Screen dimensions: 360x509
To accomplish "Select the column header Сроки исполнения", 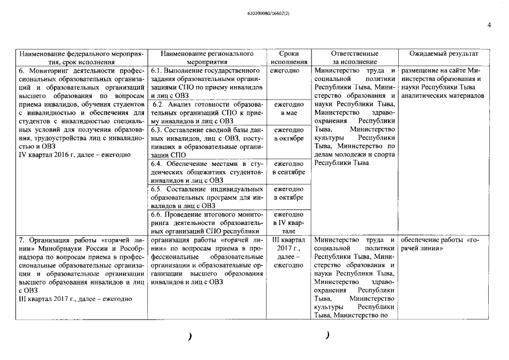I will tap(288, 57).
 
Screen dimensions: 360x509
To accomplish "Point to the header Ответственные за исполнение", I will tap(354, 57).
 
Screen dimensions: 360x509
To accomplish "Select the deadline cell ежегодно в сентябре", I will tap(288, 168).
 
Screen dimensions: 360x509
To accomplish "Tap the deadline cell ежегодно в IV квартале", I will tap(288, 223).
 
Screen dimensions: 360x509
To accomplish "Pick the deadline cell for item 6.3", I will tap(288, 134).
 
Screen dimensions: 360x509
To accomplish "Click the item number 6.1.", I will tap(157, 71).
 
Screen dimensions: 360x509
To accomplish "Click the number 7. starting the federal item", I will tap(22, 240).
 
